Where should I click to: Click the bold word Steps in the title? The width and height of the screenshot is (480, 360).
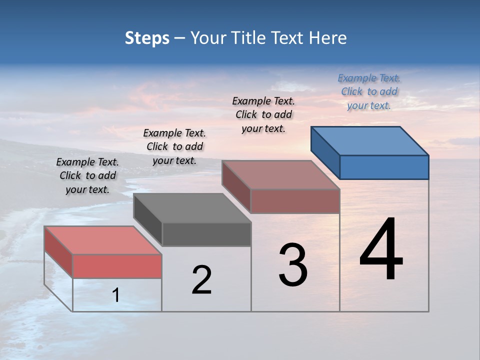click(x=147, y=38)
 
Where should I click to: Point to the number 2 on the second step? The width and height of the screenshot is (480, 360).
click(x=201, y=280)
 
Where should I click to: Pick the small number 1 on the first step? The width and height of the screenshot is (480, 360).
click(x=115, y=295)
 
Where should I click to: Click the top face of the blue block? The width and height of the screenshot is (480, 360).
click(x=370, y=140)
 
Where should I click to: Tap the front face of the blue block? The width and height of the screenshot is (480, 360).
click(x=384, y=167)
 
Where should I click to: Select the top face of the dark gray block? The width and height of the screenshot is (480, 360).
click(x=192, y=208)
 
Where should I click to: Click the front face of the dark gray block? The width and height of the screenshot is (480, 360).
click(x=206, y=234)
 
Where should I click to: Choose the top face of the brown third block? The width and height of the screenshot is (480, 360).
click(x=280, y=175)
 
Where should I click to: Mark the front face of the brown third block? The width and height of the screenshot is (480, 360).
click(x=295, y=201)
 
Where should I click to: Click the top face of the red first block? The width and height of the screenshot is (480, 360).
click(x=103, y=240)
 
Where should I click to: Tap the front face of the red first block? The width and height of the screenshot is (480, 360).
click(x=117, y=266)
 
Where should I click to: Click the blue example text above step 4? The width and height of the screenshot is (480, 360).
click(x=369, y=91)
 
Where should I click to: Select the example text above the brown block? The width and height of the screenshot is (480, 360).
click(x=263, y=114)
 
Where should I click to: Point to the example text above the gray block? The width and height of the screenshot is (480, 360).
click(x=174, y=146)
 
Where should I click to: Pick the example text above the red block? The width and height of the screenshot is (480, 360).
click(x=87, y=175)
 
